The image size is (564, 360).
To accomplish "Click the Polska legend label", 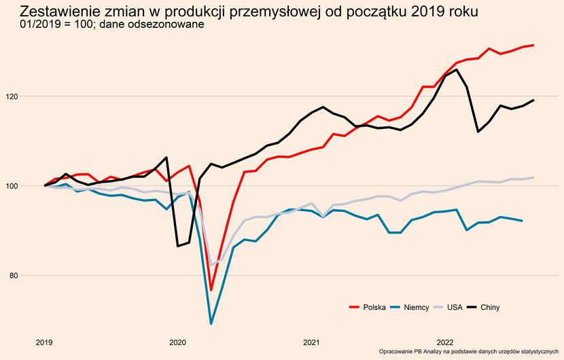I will [374, 308].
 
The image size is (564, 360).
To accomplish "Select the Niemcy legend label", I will [416, 308].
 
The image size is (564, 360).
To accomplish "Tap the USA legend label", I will [455, 308].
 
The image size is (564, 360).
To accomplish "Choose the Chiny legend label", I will [490, 308].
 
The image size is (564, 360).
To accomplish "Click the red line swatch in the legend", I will [353, 308].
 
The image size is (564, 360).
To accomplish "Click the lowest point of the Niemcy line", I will [211, 323].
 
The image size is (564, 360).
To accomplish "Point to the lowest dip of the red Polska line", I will [211, 290].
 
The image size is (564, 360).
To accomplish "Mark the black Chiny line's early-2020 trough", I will [178, 246].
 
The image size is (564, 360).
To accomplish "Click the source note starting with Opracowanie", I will [468, 352].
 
